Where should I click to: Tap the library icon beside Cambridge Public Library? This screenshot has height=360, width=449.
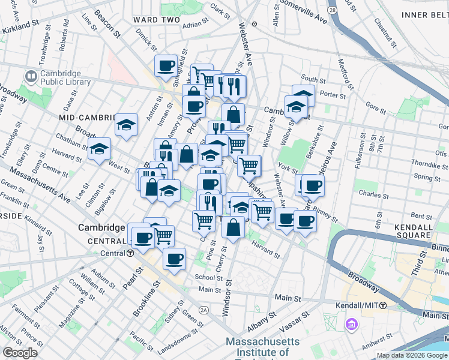(31, 77)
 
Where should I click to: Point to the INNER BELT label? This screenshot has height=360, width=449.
(425, 14)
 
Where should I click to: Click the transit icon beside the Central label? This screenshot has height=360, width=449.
(130, 253)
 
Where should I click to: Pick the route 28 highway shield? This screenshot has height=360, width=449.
(332, 11)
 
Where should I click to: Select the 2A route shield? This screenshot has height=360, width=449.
(204, 310)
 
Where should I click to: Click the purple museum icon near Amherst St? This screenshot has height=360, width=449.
(351, 325)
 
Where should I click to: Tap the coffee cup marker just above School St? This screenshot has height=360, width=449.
(175, 259)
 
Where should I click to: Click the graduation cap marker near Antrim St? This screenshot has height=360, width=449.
(127, 125)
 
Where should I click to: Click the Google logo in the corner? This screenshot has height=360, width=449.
(20, 353)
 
